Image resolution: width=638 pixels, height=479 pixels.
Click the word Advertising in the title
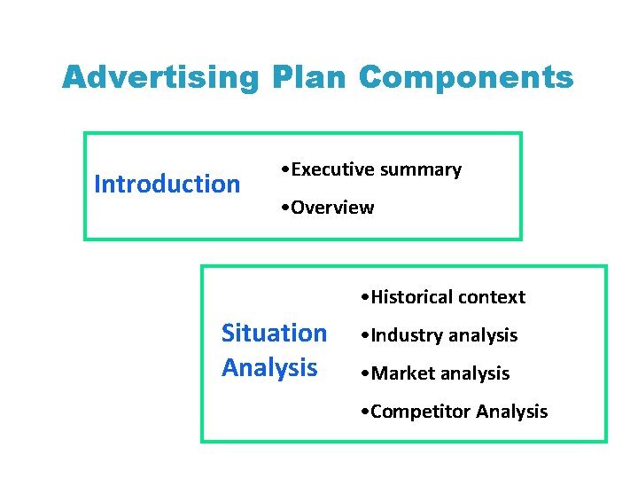pos(160,78)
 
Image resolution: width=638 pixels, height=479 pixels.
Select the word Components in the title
pos(466,78)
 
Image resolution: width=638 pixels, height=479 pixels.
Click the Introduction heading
pos(167,185)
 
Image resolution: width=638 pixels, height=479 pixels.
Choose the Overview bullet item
pos(331,208)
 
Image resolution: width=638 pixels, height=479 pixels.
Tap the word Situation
pos(274,334)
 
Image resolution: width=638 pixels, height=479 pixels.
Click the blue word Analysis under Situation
pos(269,367)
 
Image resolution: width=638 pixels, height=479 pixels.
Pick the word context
pos(492,297)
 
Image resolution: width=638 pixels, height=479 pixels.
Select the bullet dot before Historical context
pos(366,297)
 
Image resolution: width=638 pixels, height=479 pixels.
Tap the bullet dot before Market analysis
pos(366,373)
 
